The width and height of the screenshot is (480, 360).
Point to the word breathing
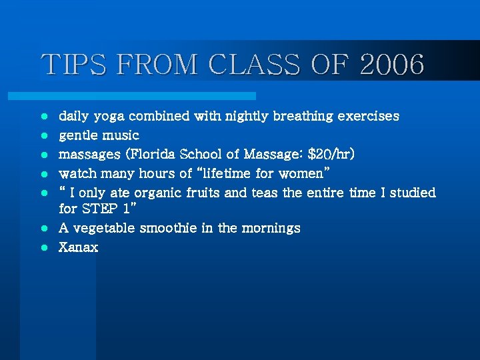303,117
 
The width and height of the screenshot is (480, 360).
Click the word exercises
369,116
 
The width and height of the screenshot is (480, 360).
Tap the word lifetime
230,174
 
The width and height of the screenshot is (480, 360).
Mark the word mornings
271,229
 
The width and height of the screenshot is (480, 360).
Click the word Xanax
79,247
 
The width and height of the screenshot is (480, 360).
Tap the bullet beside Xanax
45,247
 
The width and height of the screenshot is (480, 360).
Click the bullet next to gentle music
45,135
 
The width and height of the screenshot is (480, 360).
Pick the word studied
413,193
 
